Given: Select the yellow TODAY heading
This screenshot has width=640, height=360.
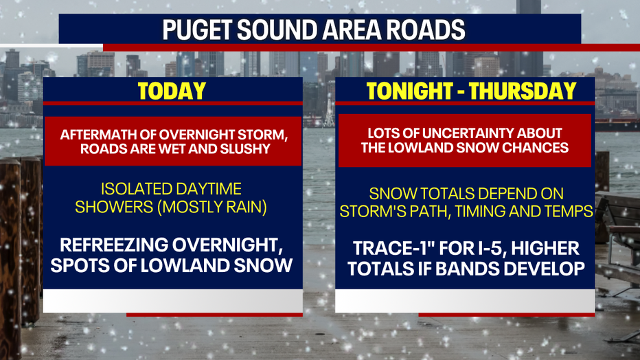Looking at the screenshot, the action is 172,91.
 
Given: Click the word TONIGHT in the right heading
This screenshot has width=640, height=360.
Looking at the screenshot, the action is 409,91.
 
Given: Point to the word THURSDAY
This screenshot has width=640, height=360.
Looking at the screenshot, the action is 523,91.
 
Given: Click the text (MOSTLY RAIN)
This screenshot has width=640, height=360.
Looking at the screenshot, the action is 212,207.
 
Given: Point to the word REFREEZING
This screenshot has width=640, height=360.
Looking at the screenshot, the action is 113,245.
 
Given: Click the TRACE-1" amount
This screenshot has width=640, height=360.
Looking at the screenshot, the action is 383,248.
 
